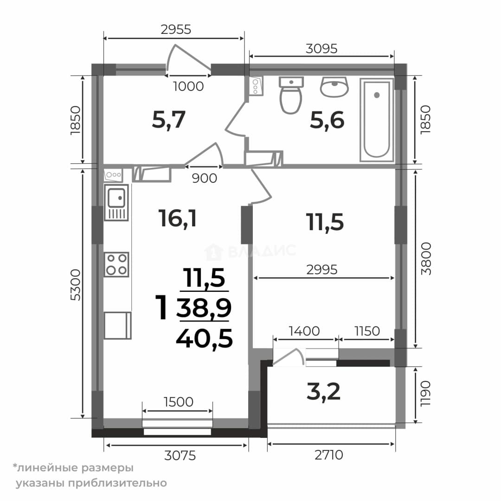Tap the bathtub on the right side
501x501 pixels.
[x=377, y=120]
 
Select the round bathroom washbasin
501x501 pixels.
[x=334, y=87]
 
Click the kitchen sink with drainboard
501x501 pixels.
[x=116, y=203]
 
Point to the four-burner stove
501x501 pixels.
[x=116, y=264]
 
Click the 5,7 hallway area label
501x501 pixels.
[x=169, y=120]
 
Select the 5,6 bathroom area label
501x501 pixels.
[x=327, y=120]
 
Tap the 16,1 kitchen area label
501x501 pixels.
[x=178, y=219]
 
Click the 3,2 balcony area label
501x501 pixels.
[x=323, y=392]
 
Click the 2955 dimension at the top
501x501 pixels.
[x=176, y=29]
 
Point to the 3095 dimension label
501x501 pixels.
[x=321, y=49]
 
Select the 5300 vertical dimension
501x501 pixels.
[x=76, y=285]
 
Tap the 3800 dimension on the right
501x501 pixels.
[x=426, y=259]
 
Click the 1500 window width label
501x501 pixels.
[x=178, y=402]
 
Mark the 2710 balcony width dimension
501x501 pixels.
[x=329, y=455]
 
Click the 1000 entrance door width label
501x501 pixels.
[x=188, y=86]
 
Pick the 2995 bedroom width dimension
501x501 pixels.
[x=322, y=270]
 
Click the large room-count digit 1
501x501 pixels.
[x=161, y=307]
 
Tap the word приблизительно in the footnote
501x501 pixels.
[x=117, y=483]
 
